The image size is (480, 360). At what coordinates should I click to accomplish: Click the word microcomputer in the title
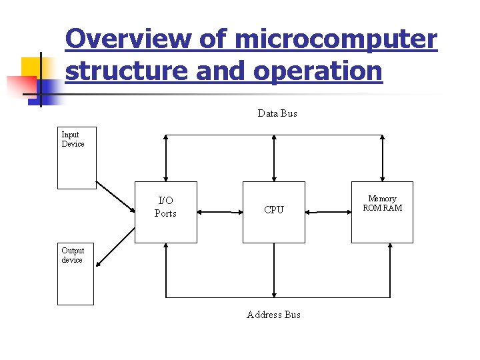335,40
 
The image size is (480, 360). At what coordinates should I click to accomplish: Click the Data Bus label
277,113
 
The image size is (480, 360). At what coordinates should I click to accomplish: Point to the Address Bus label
273,315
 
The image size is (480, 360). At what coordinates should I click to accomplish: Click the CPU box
274,211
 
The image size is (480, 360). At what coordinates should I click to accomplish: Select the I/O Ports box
166,211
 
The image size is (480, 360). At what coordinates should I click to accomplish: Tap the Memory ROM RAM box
382,211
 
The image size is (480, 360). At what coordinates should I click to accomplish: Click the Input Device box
77,158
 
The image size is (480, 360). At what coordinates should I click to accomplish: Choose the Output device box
75,273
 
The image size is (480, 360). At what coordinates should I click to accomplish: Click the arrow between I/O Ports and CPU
220,212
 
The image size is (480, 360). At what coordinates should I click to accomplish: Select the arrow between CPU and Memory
328,212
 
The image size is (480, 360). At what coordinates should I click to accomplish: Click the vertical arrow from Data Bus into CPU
274,158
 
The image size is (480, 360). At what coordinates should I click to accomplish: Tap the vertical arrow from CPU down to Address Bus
274,270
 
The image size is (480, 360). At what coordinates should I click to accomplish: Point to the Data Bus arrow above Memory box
383,158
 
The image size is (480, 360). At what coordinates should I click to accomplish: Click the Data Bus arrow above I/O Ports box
166,158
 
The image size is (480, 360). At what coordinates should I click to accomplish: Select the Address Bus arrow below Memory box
389,270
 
